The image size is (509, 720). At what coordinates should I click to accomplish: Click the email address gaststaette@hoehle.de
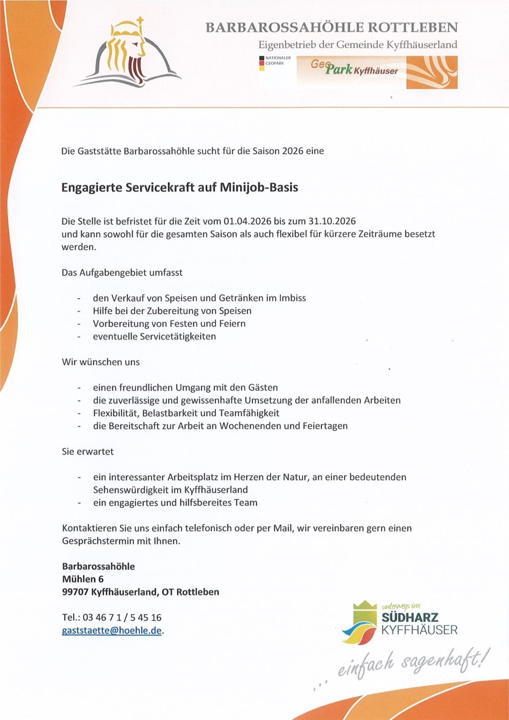coord(112,630)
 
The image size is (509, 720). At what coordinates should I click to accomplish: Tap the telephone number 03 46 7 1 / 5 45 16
coord(122,617)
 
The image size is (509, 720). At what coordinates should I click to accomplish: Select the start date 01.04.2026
coord(247,221)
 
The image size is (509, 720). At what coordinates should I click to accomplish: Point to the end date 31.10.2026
coord(332,221)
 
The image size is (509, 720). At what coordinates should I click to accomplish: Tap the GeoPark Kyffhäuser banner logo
coord(377,72)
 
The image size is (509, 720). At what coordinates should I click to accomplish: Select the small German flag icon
coord(261,63)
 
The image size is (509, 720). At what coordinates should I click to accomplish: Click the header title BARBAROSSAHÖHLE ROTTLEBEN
coord(331,28)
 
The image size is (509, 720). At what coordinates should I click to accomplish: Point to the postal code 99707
coord(75,592)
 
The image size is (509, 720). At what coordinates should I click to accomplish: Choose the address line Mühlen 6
coord(83,579)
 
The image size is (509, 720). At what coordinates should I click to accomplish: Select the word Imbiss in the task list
coord(292,298)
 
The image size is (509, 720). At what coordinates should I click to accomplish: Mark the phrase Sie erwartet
coord(88,451)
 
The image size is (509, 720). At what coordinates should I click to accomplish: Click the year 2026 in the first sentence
coord(293,151)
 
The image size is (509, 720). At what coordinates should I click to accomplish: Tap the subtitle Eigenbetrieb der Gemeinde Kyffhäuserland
coord(357,45)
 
